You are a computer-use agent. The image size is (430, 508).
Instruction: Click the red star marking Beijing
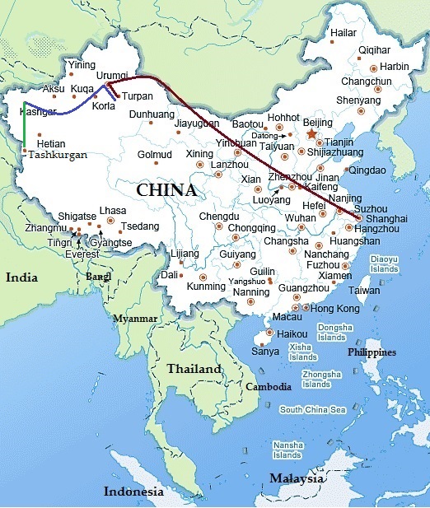coord(311,133)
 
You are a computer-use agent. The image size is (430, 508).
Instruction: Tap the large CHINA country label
coord(166,190)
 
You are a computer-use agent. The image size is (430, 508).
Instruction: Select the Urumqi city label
coord(113,75)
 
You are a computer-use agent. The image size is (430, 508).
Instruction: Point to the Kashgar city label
coord(38,111)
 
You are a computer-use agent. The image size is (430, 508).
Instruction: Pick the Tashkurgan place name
coord(57,154)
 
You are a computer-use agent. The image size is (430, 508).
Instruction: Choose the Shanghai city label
coord(387,218)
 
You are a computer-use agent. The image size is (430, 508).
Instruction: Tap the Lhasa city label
coord(113,211)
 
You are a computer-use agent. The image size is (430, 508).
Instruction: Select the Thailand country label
coord(195,369)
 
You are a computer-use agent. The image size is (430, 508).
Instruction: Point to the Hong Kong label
coord(336,308)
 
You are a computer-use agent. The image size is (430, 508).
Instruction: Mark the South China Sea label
coord(312,409)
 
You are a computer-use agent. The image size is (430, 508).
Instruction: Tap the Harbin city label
coord(395,66)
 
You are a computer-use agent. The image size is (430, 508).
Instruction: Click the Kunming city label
coord(206,287)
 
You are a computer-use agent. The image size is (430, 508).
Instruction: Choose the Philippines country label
coord(372,352)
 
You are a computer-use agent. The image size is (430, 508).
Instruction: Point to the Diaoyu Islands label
coord(384,263)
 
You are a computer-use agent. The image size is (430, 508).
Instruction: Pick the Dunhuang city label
coord(152,114)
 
